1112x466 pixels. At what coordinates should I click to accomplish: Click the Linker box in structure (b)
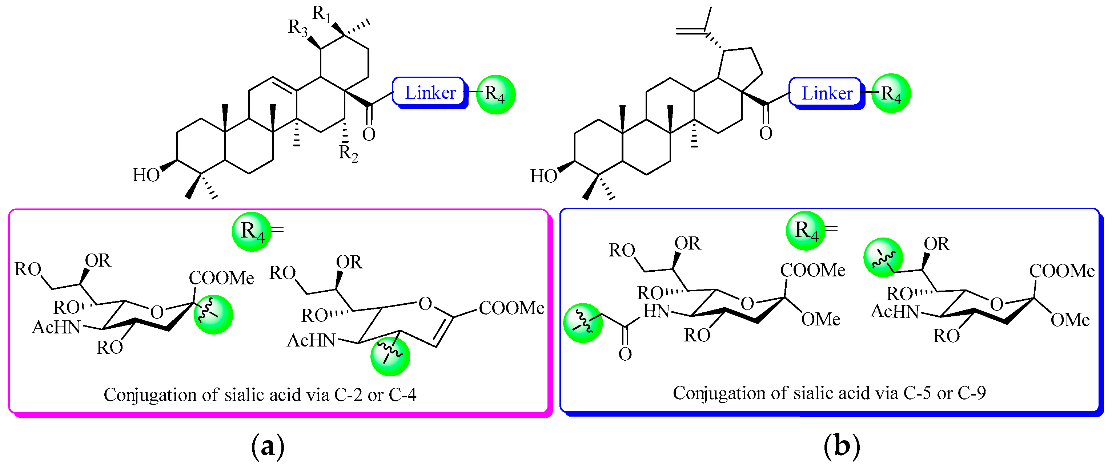click(x=826, y=93)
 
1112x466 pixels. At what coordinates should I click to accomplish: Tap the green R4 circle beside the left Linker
click(x=495, y=94)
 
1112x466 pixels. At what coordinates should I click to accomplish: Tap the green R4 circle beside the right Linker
click(x=891, y=93)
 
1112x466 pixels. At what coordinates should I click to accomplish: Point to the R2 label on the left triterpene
click(x=348, y=153)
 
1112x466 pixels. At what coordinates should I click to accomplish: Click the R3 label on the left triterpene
click(x=298, y=28)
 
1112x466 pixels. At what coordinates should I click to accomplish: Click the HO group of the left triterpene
click(x=146, y=175)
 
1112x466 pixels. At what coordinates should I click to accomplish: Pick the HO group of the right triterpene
click(x=543, y=176)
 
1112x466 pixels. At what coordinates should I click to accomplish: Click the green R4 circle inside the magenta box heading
click(x=252, y=231)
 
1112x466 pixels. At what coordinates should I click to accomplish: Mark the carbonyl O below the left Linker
click(x=369, y=134)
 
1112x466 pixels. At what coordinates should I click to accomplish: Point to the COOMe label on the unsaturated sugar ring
click(x=511, y=308)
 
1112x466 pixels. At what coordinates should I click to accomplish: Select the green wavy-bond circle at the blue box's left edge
click(x=583, y=323)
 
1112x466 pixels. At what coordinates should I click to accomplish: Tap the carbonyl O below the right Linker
click(x=766, y=133)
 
